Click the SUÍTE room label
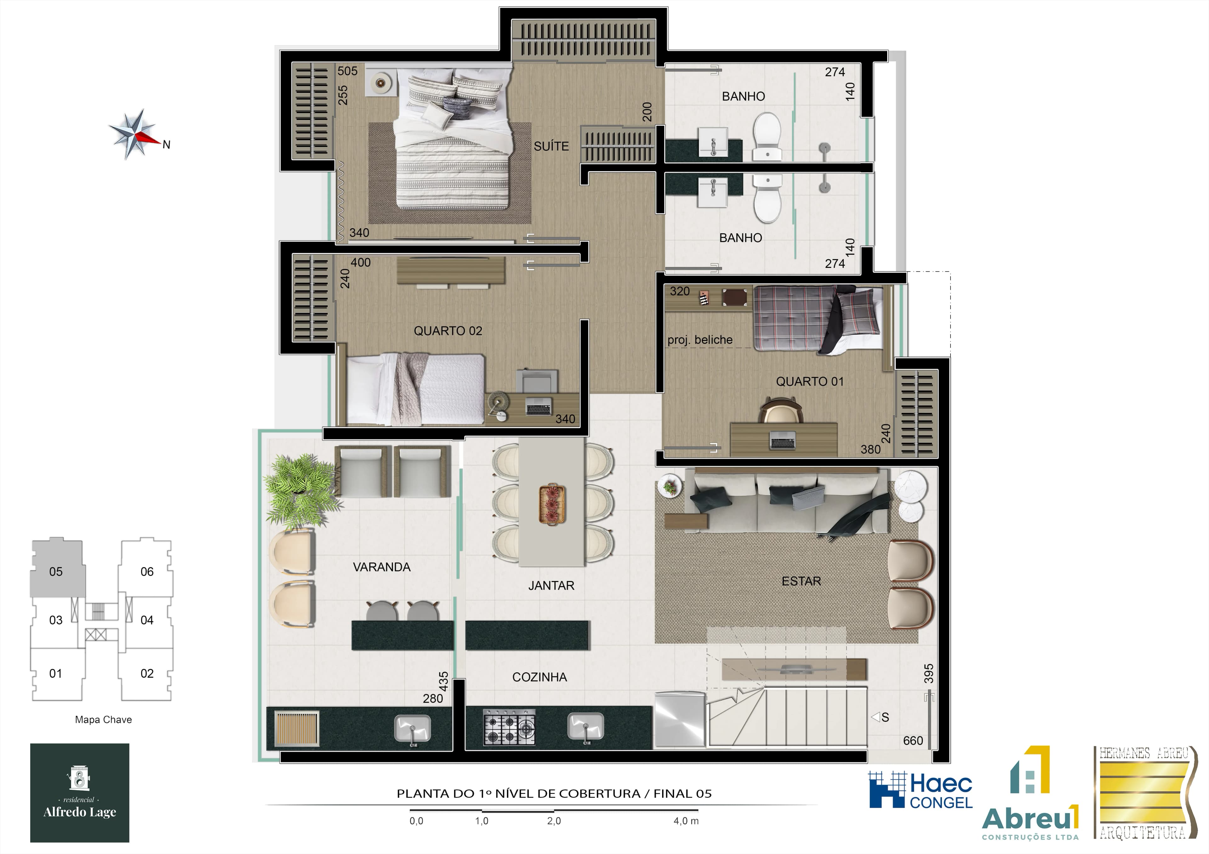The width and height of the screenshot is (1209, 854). coord(551,146)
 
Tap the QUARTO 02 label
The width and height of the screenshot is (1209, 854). coord(448,331)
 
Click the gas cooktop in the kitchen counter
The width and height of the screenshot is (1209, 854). coord(509,727)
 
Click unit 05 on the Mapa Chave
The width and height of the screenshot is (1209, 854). coord(56,571)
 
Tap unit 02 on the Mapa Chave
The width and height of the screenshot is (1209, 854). coord(147,673)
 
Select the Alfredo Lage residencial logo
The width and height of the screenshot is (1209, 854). coord(80,792)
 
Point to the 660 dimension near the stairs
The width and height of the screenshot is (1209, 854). coord(912,741)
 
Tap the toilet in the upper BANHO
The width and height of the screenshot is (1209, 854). coord(767,136)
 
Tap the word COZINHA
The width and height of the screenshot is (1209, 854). coord(539,677)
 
